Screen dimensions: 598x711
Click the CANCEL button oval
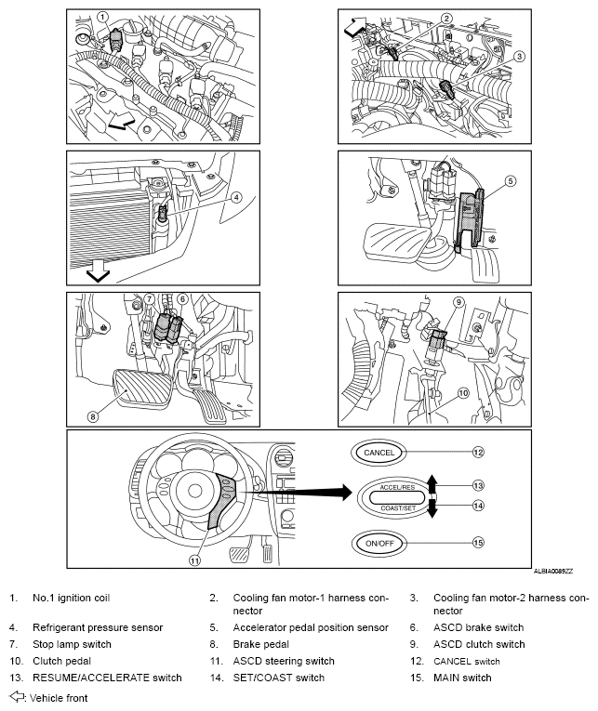tap(379, 452)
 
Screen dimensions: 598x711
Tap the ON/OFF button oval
tap(379, 543)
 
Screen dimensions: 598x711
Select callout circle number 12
tap(478, 452)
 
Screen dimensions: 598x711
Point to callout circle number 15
tap(478, 543)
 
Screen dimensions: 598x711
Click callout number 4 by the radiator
tap(236, 197)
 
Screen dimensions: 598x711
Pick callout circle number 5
tap(511, 181)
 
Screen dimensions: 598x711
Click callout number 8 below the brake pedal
tap(93, 415)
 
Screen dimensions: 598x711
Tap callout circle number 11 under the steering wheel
tap(194, 561)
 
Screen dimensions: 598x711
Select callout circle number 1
tap(103, 18)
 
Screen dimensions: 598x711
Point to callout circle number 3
tap(519, 56)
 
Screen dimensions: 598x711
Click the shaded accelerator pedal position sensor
tap(471, 217)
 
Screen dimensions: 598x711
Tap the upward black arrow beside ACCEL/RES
tap(432, 483)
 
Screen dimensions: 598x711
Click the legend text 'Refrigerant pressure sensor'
tap(98, 627)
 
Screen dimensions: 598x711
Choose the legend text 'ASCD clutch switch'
tap(479, 644)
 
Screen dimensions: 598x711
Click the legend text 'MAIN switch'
tap(462, 678)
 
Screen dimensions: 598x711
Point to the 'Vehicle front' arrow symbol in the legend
tap(17, 696)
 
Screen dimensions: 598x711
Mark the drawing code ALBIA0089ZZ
tap(552, 572)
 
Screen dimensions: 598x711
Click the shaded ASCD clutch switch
tap(438, 339)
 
